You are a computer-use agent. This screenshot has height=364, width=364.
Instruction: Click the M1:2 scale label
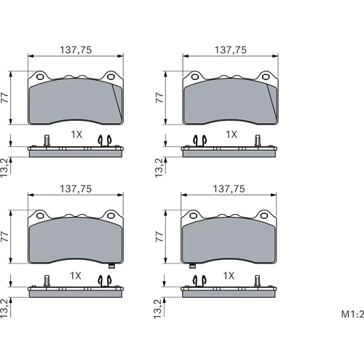click(352, 314)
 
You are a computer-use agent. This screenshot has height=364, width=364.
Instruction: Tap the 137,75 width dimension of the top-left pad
click(76, 50)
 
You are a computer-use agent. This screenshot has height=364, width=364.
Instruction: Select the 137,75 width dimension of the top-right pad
click(231, 50)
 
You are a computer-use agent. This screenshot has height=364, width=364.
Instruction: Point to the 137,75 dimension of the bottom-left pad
click(76, 189)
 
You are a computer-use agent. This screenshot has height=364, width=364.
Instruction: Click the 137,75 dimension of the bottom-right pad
click(229, 189)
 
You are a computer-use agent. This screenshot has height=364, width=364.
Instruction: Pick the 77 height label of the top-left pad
click(5, 98)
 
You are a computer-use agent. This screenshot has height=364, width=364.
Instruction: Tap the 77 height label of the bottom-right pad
click(159, 237)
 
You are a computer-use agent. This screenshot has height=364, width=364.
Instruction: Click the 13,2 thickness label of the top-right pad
click(159, 167)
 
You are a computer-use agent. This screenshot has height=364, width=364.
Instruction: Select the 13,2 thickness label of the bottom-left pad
click(5, 308)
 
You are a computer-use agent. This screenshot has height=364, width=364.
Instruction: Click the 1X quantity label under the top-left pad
click(76, 135)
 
